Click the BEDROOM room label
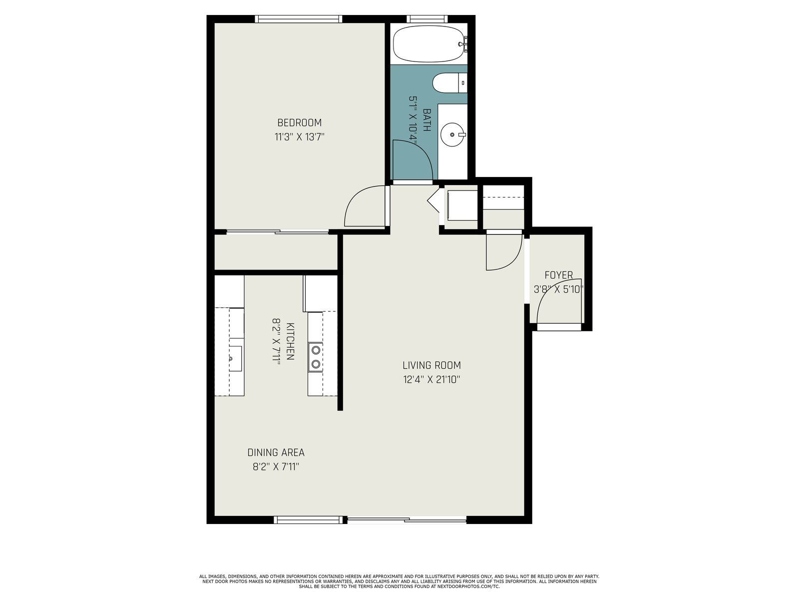299,122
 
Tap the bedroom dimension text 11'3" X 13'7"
299,137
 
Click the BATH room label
426,120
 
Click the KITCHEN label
290,341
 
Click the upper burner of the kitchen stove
316,350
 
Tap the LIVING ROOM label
432,365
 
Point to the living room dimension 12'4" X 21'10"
432,379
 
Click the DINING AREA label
276,452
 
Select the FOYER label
559,275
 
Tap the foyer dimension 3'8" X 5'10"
559,289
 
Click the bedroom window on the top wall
299,19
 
